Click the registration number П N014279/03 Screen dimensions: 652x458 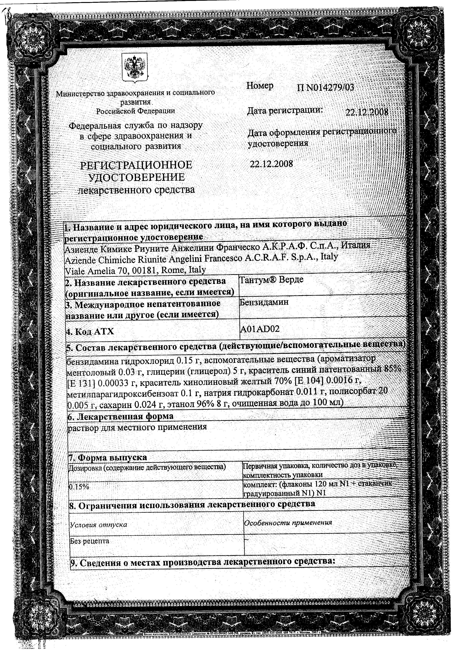tap(325, 87)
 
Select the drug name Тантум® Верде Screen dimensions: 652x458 tap(272, 280)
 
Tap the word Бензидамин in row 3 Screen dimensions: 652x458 tap(264, 302)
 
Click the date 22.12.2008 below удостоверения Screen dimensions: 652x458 tap(271, 164)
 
